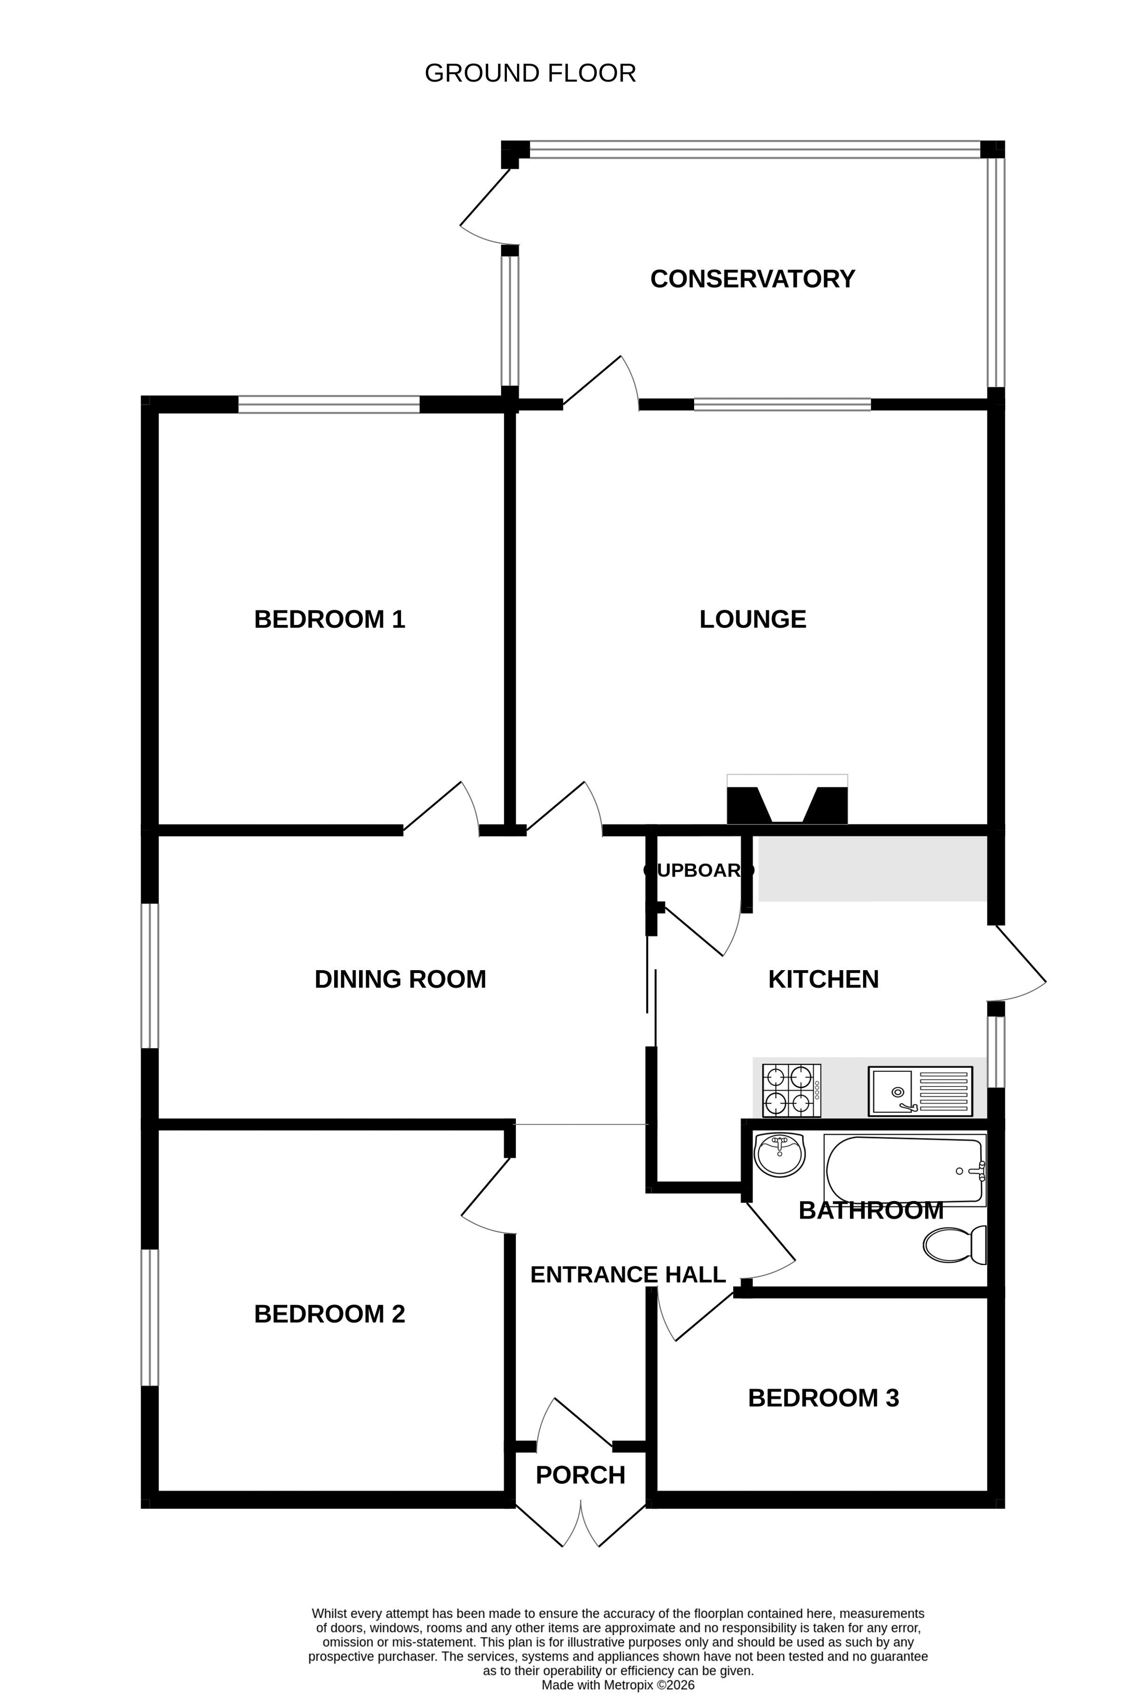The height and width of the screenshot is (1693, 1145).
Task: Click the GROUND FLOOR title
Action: coord(530,73)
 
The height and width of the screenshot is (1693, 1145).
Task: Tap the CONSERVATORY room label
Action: coord(752,279)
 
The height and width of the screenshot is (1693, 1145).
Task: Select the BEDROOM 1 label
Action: coord(329,619)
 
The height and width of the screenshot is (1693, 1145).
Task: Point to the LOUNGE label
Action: coord(753,619)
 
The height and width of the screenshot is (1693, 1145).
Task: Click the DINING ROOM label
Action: coord(400,979)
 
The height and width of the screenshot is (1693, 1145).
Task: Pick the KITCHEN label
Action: coord(824,979)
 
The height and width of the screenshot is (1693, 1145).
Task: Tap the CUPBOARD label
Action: coord(699,870)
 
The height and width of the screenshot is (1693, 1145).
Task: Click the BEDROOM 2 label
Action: coord(329,1313)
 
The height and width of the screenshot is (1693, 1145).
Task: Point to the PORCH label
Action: coord(580,1475)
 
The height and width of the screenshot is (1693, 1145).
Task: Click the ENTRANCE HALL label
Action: coord(628,1274)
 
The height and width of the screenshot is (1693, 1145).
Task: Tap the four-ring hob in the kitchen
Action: coord(792,1091)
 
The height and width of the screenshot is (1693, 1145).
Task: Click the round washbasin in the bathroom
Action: coord(779,1155)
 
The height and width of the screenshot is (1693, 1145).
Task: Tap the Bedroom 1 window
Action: coord(328,404)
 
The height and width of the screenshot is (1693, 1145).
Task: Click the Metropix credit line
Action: coord(618,1685)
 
